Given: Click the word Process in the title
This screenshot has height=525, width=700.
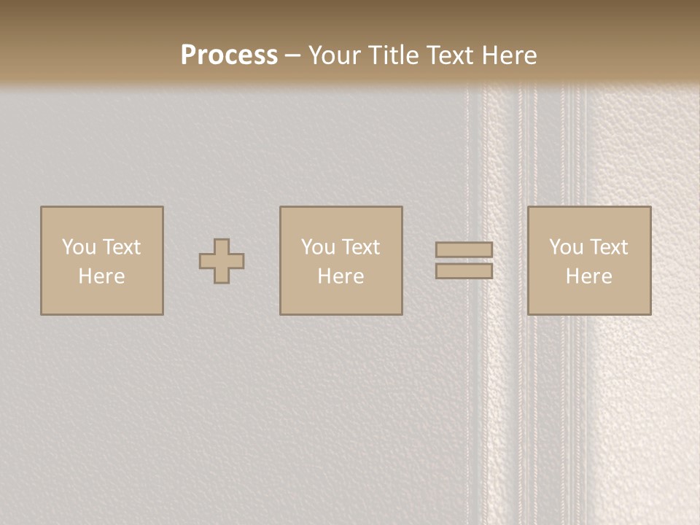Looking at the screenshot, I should point(229,55).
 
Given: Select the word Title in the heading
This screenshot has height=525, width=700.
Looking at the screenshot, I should point(394,55).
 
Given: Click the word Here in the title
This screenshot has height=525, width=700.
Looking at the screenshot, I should point(510,55).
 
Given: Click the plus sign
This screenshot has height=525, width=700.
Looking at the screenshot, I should point(222,261).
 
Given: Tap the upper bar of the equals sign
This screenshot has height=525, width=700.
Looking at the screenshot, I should point(464,249).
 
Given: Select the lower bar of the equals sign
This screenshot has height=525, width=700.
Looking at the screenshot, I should point(464,271).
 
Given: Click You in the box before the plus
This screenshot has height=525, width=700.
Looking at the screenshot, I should point(79,247).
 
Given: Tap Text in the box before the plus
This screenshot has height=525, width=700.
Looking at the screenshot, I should point(121,247).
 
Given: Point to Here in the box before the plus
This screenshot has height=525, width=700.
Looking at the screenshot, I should point(101,276).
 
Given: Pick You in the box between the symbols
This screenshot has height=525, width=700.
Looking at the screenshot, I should point(318,247).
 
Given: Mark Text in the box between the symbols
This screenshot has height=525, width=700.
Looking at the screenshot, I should point(360,247).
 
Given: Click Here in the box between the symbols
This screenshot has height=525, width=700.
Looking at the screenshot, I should point(341,276).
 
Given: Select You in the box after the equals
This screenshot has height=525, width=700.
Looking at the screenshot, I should point(566,247).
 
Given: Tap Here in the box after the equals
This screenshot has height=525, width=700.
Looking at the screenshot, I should point(588,276).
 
